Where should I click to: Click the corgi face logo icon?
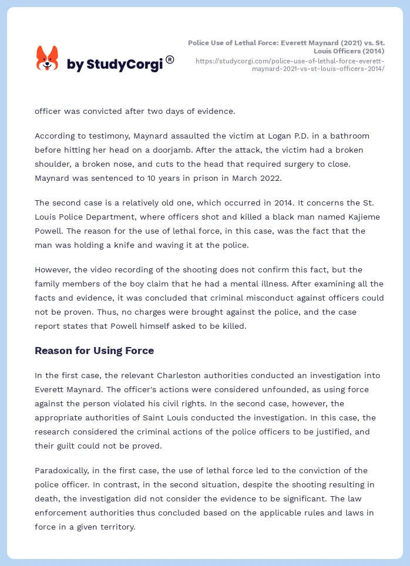click(48, 59)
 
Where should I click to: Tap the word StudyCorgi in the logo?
click(124, 65)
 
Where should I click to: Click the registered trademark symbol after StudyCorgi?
click(170, 59)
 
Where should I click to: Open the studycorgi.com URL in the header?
click(290, 65)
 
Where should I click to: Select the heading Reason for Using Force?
click(94, 351)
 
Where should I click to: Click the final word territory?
click(116, 527)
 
